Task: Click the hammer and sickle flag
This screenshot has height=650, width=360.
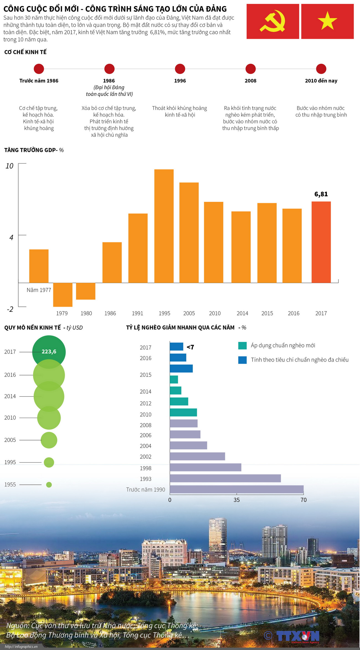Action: coord(272,21)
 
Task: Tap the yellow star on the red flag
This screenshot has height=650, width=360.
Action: coord(327,21)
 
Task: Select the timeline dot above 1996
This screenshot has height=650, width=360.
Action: coord(180,69)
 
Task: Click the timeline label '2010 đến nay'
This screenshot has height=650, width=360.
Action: coord(321,81)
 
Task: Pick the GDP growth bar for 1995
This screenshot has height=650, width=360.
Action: coord(164,226)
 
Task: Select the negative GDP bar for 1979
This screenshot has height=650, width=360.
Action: coord(63,295)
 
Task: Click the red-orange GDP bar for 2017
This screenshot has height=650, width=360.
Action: coord(321,242)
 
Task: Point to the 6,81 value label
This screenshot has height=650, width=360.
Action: coord(321,194)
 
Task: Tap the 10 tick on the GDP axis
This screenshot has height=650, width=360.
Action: coord(9,166)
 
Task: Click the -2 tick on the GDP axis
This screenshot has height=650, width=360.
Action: coord(10,309)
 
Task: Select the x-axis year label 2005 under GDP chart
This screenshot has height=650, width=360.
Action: coord(189,313)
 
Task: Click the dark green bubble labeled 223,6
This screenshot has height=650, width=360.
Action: coord(49,352)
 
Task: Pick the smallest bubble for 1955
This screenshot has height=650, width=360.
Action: coord(49,484)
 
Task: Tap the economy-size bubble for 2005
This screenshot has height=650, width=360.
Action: coord(49,440)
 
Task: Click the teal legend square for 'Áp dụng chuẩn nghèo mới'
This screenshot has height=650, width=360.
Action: coord(242,345)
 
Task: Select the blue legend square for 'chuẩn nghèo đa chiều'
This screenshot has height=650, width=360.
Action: coord(242,360)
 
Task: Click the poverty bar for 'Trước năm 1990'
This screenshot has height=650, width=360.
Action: coord(236,489)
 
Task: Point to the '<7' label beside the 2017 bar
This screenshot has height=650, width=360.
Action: coord(190,347)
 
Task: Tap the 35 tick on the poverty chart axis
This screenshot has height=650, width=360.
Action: coord(236,500)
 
